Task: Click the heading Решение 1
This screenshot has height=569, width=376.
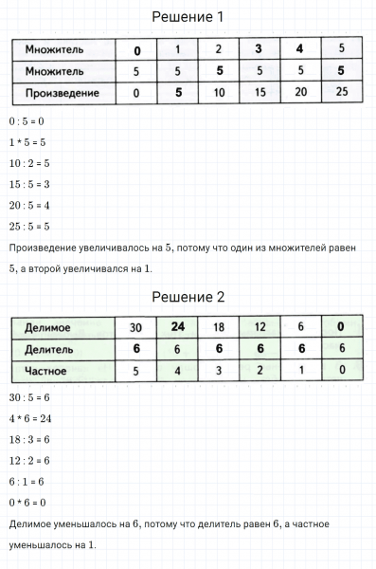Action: pyautogui.click(x=188, y=16)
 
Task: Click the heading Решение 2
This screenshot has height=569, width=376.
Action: pyautogui.click(x=188, y=297)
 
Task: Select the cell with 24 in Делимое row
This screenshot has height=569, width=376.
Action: pyautogui.click(x=175, y=327)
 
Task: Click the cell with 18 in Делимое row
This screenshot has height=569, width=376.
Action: pyautogui.click(x=217, y=327)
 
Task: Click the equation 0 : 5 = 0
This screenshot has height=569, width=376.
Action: pyautogui.click(x=27, y=122)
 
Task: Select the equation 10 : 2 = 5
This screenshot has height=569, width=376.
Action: pyautogui.click(x=28, y=163)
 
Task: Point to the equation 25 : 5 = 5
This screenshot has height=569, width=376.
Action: pyautogui.click(x=28, y=226)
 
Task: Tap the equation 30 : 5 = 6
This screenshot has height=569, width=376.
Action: pyautogui.click(x=28, y=397)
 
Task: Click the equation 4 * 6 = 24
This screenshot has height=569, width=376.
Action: pyautogui.click(x=28, y=418)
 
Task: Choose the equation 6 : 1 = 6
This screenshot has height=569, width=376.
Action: pyautogui.click(x=26, y=481)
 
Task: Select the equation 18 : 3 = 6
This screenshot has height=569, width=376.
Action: pyautogui.click(x=28, y=439)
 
